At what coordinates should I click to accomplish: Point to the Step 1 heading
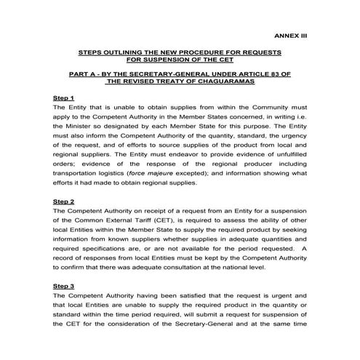point(64,97)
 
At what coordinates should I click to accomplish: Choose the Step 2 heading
point(64,201)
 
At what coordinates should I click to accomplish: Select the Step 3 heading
point(64,287)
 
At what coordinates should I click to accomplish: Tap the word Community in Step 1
point(262,107)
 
